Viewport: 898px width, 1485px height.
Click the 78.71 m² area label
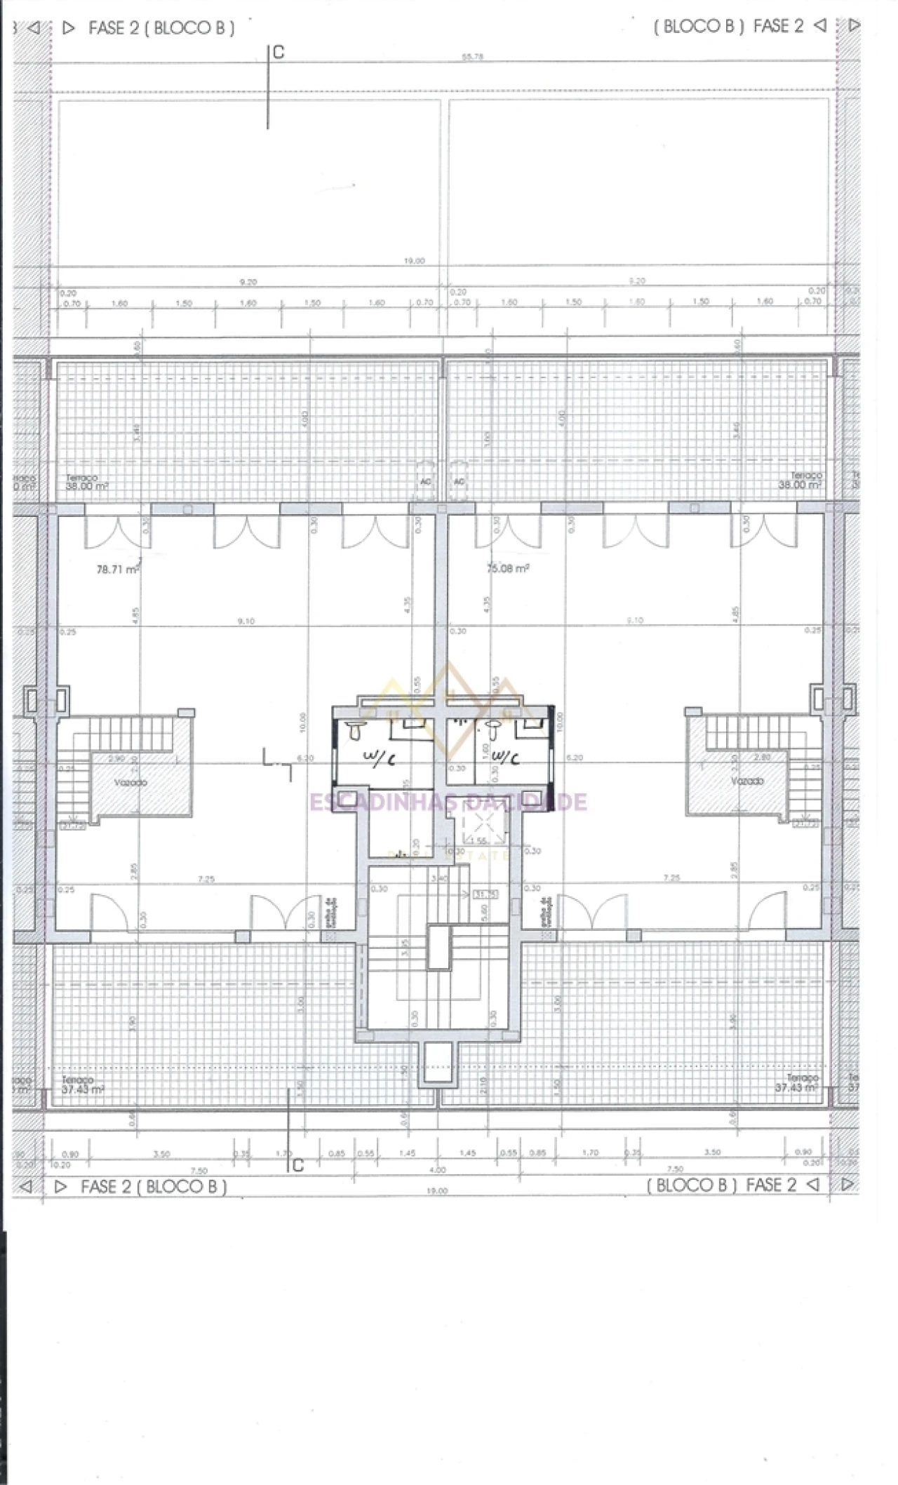pos(117,569)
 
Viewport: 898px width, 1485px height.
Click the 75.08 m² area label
pos(507,568)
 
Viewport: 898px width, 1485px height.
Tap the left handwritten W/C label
pos(380,758)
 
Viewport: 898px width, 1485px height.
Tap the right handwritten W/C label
pos(505,758)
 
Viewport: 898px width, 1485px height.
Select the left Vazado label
pos(130,782)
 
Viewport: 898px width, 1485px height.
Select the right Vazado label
pos(746,781)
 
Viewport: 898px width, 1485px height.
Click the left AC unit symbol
pos(425,481)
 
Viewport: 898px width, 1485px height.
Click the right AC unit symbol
pos(459,481)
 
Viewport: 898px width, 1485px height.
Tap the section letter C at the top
pos(279,53)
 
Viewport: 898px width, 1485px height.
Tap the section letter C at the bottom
pos(298,1165)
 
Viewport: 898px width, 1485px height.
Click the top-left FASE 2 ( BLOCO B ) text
pos(161,28)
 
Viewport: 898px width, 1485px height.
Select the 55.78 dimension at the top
pos(472,57)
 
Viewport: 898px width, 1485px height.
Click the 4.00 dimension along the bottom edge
pos(437,1169)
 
